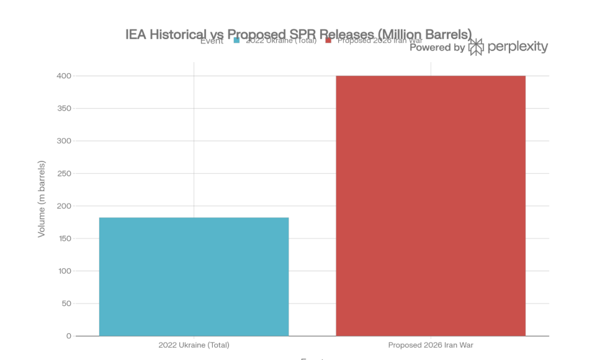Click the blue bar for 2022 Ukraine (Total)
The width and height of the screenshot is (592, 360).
[x=194, y=277]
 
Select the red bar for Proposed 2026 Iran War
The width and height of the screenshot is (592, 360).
[x=431, y=206]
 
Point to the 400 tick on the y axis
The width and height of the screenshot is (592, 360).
[x=65, y=76]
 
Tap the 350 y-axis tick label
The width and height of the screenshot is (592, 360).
[x=65, y=109]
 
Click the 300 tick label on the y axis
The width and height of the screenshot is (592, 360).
[x=65, y=141]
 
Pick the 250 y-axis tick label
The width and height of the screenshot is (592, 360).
[x=65, y=174]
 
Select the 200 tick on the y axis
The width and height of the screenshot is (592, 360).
[x=65, y=206]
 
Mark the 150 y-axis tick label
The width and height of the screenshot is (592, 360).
[x=65, y=238]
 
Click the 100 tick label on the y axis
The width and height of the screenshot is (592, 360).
[x=65, y=271]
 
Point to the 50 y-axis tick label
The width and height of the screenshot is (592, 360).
[x=66, y=304]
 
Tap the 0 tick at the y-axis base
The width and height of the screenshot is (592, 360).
[x=69, y=336]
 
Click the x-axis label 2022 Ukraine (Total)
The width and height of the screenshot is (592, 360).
[x=194, y=345]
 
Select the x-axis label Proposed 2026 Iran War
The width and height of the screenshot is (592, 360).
[x=431, y=345]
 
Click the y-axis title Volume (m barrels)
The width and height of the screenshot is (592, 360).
[x=42, y=199]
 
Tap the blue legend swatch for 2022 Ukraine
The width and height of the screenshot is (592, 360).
[x=236, y=41]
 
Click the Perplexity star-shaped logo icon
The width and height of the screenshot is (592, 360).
[x=476, y=47]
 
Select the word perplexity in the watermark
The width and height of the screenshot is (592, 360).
[x=518, y=47]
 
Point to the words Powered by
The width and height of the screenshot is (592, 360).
[x=437, y=47]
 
